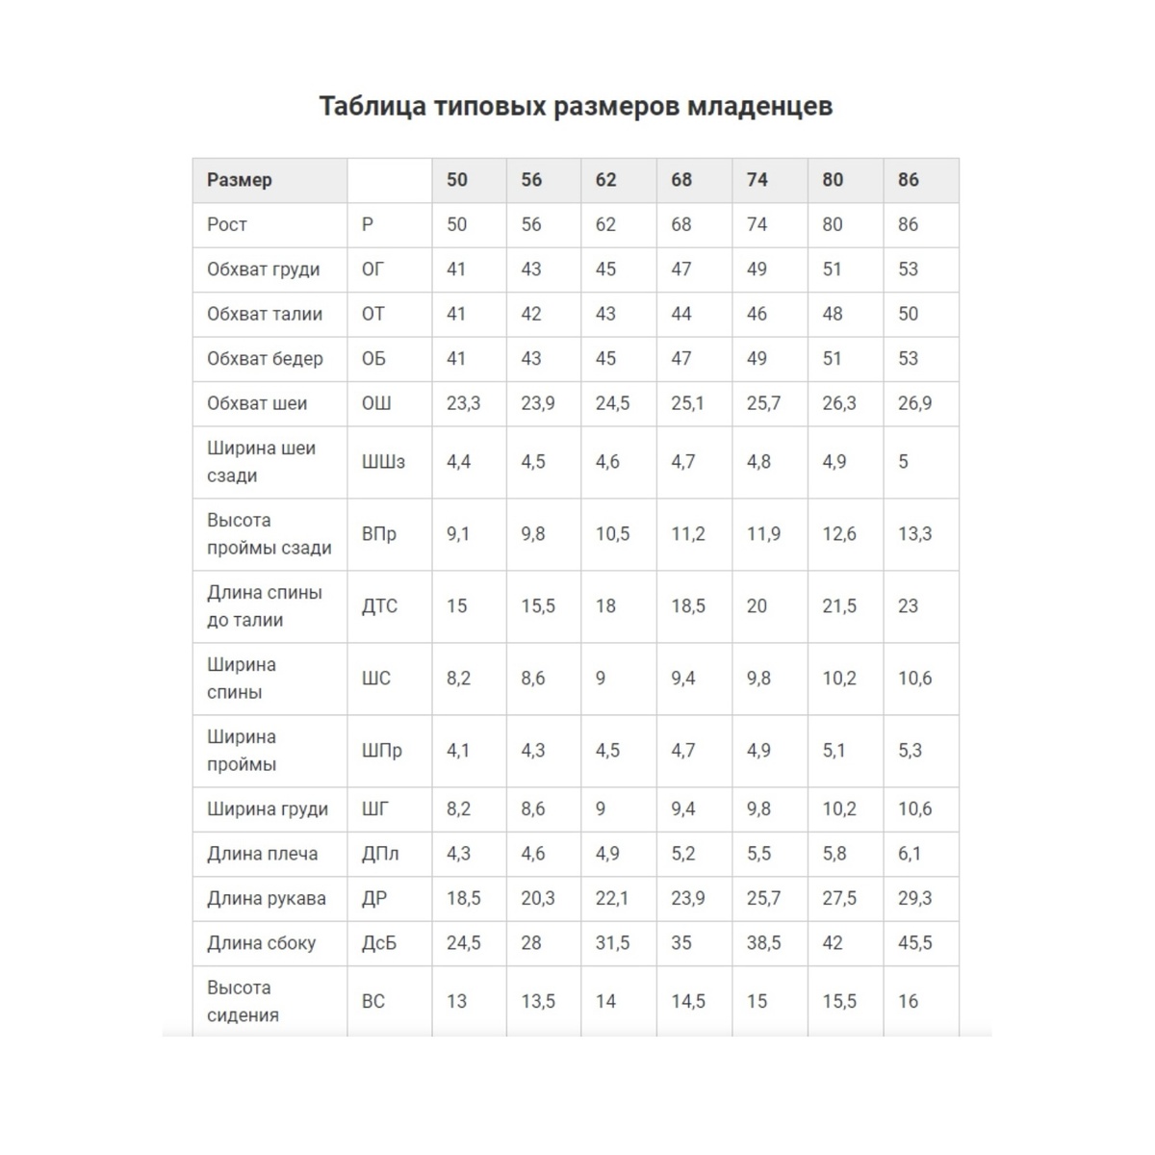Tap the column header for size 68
[x=681, y=179]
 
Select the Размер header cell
[x=240, y=179]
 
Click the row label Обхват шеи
[x=257, y=403]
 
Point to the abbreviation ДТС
[x=379, y=606]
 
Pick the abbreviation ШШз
[x=383, y=462]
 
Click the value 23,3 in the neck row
[x=463, y=403]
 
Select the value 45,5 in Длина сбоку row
[x=914, y=943]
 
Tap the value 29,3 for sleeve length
[x=914, y=898]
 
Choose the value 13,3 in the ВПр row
[x=914, y=534]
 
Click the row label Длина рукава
[x=267, y=898]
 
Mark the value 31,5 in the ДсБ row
[x=612, y=943]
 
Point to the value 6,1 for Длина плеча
[x=910, y=854]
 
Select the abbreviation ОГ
[x=372, y=269]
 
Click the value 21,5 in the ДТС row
[x=839, y=606]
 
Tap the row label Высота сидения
[x=243, y=1001]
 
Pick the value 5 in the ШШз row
[x=903, y=462]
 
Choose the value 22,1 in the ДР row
[x=612, y=898]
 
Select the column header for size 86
[x=909, y=179]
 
